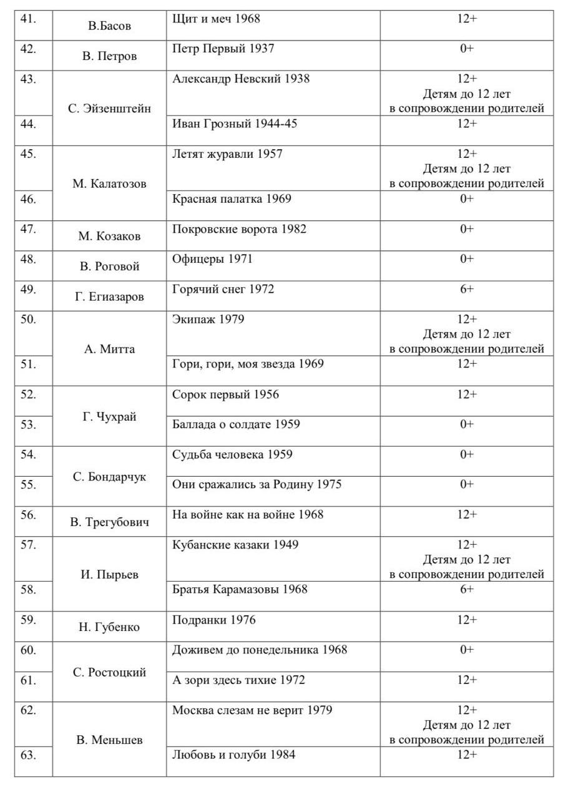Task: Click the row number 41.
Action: coord(27,19)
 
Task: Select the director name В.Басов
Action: coord(109,26)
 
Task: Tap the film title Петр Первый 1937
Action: coord(223,49)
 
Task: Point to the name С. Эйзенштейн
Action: coord(109,109)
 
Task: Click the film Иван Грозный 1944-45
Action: coord(235,124)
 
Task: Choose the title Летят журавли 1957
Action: coord(227,154)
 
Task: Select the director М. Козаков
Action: coord(109,236)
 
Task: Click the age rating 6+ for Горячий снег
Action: coord(467,289)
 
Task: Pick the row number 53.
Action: coord(27,424)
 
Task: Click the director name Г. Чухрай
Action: coord(109,417)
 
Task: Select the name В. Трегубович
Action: coord(109,522)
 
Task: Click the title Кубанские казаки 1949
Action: coord(235,545)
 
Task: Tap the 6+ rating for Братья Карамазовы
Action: coord(467,589)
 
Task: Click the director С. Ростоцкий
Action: coord(109,672)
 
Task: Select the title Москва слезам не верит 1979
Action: coord(252,710)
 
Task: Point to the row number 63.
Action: coord(27,755)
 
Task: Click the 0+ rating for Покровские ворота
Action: coord(467,229)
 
